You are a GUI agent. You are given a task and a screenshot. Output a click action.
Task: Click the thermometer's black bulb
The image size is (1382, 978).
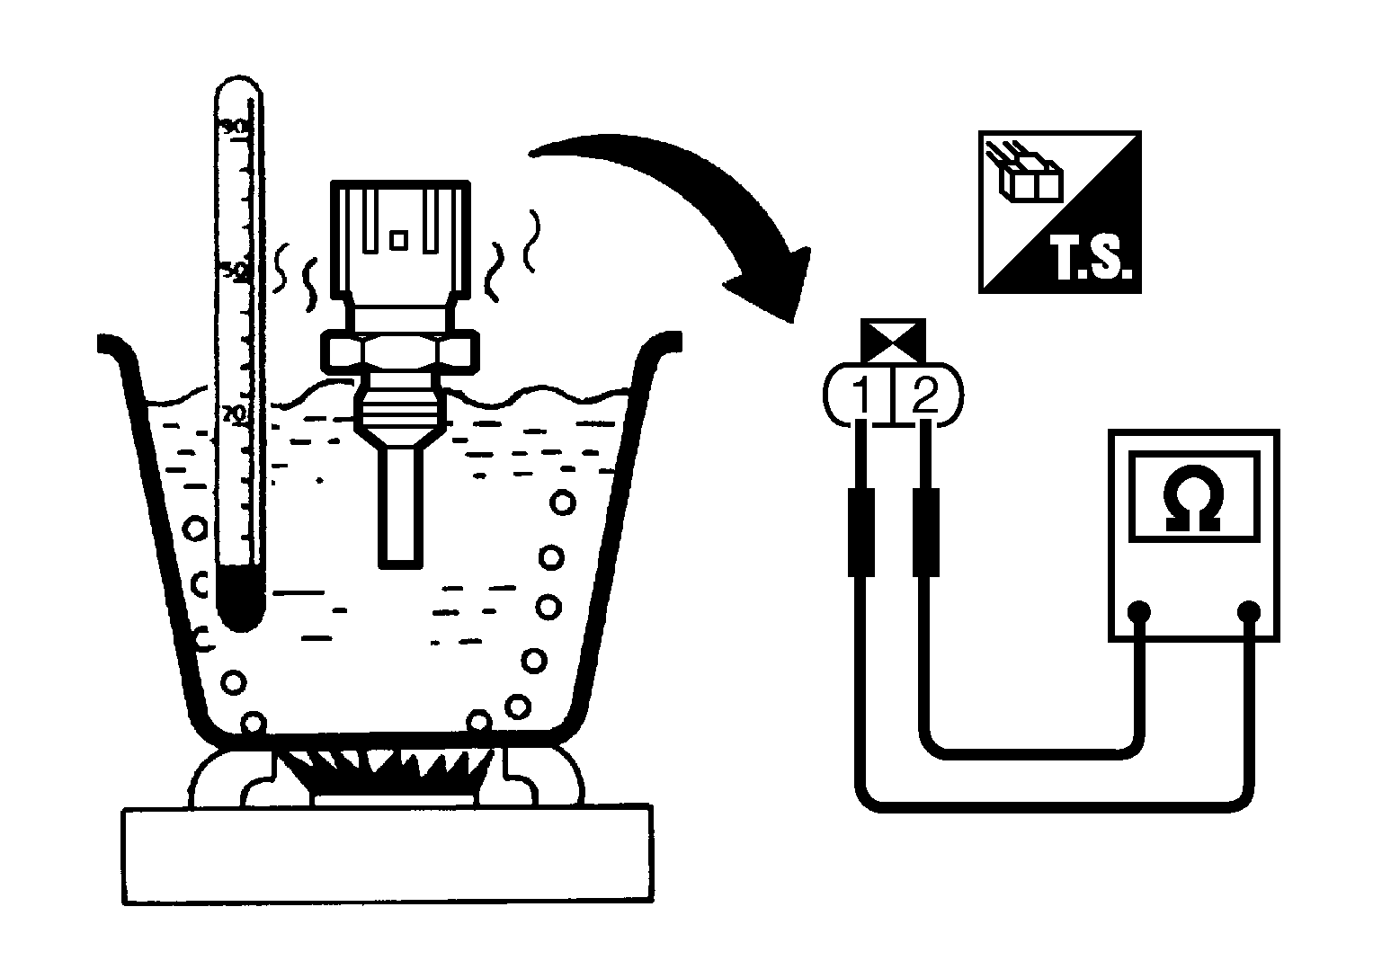pyautogui.click(x=240, y=597)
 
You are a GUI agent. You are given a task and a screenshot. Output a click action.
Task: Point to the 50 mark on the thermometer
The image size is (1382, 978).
pyautogui.click(x=234, y=269)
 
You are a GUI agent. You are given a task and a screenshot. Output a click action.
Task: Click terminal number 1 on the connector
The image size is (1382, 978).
pyautogui.click(x=860, y=395)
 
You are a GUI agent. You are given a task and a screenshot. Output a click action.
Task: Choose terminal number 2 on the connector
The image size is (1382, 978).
pyautogui.click(x=924, y=395)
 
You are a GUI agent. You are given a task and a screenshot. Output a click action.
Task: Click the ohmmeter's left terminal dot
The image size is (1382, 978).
pyautogui.click(x=1140, y=612)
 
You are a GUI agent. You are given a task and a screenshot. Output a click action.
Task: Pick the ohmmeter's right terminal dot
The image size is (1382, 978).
pyautogui.click(x=1247, y=612)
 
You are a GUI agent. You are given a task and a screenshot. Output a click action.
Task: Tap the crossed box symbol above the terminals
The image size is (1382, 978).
pyautogui.click(x=893, y=340)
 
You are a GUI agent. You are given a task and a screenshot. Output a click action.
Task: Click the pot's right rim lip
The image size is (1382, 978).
pyautogui.click(x=661, y=344)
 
